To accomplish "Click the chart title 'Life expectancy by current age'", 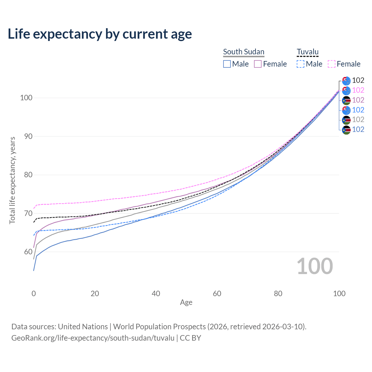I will [100, 34].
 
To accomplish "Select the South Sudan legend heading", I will [244, 52].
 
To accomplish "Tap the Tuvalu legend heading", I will [307, 52].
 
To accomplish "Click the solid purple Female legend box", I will [258, 64].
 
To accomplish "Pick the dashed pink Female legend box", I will [332, 64].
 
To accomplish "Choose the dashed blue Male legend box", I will [301, 64].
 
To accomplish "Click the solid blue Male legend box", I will [227, 64].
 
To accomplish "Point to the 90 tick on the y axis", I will [26, 136].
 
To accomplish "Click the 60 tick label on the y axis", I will [26, 252].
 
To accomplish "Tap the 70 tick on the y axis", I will [26, 213].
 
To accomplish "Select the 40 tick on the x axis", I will [156, 294].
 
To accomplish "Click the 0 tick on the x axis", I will [34, 294].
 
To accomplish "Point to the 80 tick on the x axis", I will [278, 294].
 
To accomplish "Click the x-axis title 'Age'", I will [186, 303].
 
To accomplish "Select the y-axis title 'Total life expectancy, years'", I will [12, 180].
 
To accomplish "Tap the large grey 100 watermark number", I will [314, 266].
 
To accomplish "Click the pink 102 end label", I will [358, 90].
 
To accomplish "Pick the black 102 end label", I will [358, 80].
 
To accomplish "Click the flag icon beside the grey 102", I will [346, 120].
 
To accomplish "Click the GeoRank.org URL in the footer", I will [93, 338].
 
